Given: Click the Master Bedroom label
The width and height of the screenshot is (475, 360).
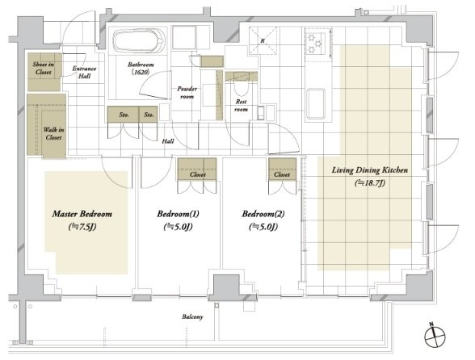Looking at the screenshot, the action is tap(82, 214).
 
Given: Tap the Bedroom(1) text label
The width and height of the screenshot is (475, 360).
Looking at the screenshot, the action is tap(178, 214).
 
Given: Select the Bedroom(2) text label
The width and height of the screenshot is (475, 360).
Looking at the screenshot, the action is tap(263, 214).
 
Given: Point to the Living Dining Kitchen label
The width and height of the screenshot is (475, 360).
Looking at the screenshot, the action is tap(370, 170).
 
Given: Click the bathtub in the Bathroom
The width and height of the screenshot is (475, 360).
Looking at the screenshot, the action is tap(139, 41).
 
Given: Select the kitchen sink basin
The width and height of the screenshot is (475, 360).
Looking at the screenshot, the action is tap(315, 103).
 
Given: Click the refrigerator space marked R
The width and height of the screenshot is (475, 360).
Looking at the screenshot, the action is tap(263, 40).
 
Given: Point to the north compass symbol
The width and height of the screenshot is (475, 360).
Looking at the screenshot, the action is tap(435, 336).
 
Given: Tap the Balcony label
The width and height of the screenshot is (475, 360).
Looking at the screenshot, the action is tap(192, 317).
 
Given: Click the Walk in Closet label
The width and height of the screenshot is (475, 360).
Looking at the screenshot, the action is tap(53, 133).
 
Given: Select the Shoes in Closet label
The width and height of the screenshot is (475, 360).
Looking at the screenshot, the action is tap(44, 68).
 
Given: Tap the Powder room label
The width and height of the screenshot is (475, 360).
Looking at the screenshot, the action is tap(187, 93).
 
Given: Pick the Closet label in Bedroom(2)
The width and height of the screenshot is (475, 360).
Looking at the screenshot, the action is tap(282, 174).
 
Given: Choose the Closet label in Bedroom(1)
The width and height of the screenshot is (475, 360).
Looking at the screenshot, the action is tap(197, 174).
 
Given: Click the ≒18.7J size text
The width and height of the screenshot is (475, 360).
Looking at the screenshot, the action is tap(370, 183).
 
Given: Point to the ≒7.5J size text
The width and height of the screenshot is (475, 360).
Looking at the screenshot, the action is tap(82, 227).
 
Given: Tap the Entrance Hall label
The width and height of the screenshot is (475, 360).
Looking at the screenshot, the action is tap(84, 73).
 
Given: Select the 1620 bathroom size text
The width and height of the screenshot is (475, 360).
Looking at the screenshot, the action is tap(141, 72).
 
